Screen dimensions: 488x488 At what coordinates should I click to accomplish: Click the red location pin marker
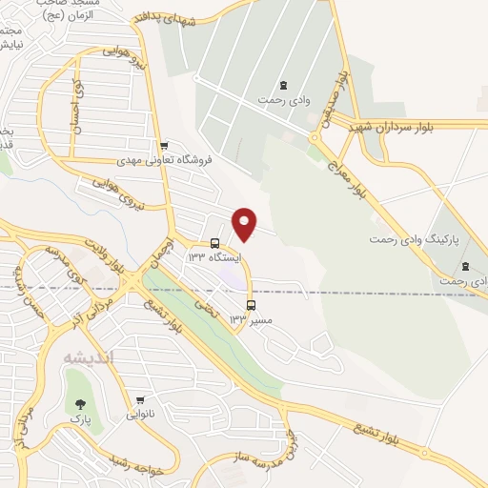click(245, 224)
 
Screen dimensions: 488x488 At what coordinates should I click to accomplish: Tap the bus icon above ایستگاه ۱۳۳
click(214, 243)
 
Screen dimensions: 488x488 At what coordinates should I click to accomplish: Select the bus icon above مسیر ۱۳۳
click(251, 306)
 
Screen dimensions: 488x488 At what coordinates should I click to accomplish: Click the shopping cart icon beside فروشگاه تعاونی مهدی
click(164, 146)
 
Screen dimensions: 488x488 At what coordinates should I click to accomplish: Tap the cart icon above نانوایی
click(140, 400)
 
